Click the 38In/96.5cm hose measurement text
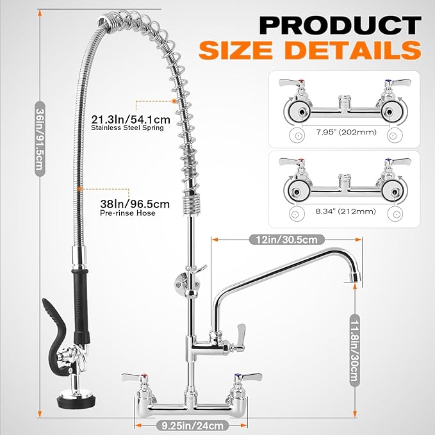[x=136, y=204]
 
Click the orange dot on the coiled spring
[x=174, y=101]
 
